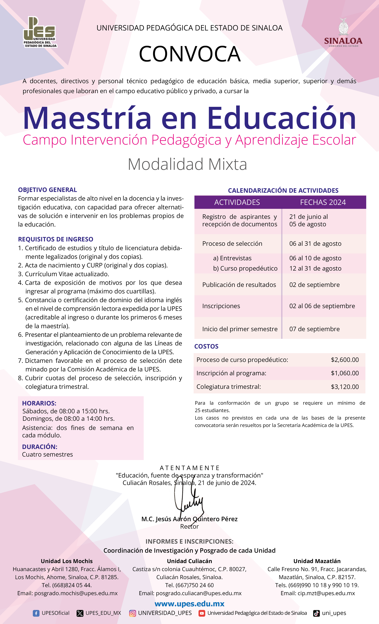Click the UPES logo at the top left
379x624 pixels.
click(x=40, y=32)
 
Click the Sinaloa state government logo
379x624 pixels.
click(x=343, y=32)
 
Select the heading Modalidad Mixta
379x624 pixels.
click(x=187, y=164)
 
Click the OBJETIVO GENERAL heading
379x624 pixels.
click(x=47, y=190)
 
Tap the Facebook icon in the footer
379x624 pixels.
click(x=36, y=613)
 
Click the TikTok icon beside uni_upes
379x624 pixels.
click(x=316, y=613)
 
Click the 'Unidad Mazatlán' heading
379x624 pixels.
click(x=317, y=561)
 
